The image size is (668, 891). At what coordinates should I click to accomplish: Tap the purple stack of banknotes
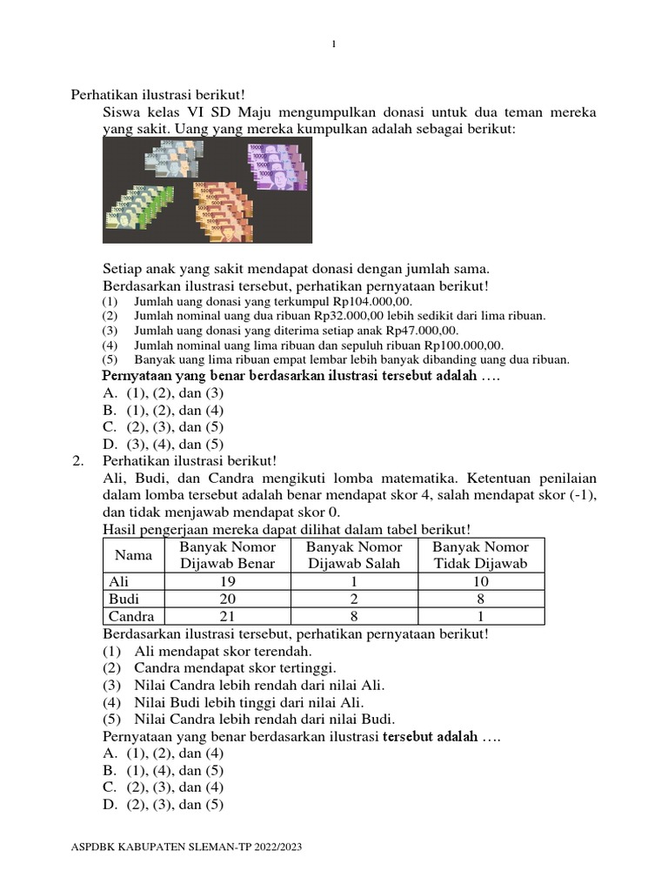pos(277,167)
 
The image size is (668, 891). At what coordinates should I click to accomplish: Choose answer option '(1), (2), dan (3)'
pos(163,393)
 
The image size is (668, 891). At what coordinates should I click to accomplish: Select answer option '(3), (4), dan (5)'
pos(163,444)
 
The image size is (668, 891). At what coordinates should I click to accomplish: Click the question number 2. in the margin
pos(78,460)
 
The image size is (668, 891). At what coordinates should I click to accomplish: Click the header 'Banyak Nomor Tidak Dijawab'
pos(480,555)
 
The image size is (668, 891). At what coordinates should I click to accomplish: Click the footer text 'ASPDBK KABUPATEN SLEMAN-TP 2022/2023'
pos(186,847)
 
